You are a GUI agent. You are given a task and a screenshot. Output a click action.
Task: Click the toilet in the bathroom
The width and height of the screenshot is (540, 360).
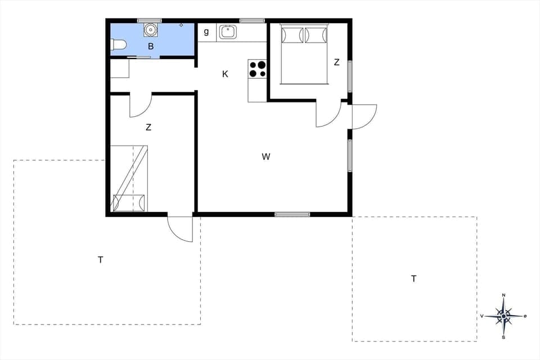(x=118, y=45)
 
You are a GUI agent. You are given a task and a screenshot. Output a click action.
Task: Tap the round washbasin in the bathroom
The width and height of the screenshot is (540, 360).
(x=150, y=29)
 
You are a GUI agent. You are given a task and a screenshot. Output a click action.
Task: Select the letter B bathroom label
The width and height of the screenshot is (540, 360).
(x=151, y=47)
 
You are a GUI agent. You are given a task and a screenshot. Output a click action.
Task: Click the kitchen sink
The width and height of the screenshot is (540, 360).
(x=228, y=32)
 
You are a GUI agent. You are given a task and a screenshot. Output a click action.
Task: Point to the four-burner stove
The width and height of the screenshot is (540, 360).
(x=257, y=69)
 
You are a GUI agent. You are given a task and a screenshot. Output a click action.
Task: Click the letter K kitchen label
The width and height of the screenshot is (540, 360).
(x=225, y=74)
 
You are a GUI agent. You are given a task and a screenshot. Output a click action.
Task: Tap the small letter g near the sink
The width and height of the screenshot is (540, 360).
(x=206, y=31)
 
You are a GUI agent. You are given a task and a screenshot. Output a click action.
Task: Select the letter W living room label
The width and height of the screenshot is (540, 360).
(x=266, y=157)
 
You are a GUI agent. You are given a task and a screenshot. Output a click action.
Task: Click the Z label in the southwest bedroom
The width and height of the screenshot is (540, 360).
(x=148, y=128)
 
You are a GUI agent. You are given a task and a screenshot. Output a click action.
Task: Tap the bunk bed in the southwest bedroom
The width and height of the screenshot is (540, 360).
(x=129, y=178)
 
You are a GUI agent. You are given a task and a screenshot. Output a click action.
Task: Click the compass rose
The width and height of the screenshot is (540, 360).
(x=504, y=316)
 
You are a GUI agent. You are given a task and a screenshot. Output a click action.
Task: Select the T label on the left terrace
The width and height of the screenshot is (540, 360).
(x=101, y=260)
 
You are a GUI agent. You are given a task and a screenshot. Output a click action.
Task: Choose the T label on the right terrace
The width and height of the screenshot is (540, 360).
(x=414, y=278)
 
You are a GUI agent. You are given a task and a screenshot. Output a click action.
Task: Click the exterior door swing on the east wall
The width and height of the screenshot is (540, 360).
(x=363, y=116)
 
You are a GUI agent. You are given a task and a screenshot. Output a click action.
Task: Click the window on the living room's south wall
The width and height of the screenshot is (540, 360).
(x=292, y=214)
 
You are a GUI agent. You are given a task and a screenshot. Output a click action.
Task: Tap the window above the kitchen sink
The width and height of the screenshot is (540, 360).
(x=252, y=21)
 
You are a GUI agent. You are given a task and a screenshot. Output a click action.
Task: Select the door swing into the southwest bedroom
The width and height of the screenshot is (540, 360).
(x=141, y=106)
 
